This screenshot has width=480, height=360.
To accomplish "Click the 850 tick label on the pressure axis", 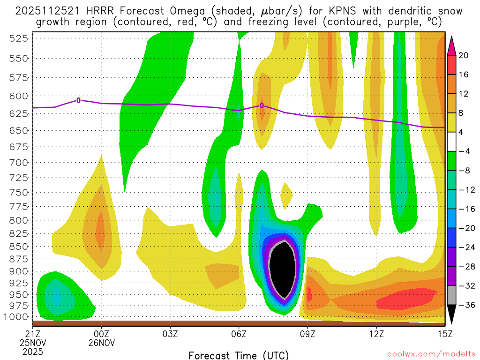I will tap(18, 246).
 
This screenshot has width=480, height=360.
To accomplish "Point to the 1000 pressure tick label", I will tap(16, 316).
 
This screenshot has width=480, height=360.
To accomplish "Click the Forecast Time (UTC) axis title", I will tap(239, 355).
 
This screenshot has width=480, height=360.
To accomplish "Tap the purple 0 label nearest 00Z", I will tap(79, 100).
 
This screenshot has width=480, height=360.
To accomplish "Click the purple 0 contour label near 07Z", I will tap(262, 105).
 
